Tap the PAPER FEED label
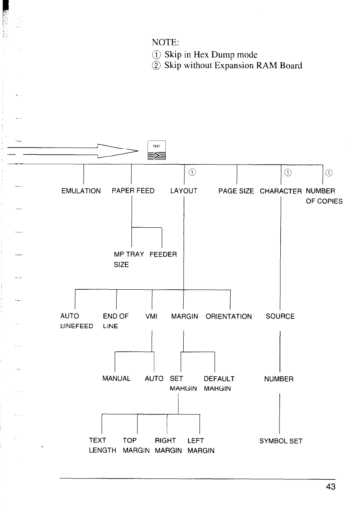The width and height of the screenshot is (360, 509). click(133, 191)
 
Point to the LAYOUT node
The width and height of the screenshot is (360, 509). click(184, 191)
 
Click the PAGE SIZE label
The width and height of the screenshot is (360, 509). click(236, 191)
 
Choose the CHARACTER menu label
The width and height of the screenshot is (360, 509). click(281, 191)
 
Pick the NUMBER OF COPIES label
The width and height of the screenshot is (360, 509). click(324, 196)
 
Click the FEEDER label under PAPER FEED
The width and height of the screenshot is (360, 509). click(164, 255)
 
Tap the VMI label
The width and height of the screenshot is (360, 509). click(151, 316)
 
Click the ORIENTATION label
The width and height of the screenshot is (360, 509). click(229, 316)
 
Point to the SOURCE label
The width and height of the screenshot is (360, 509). click(280, 316)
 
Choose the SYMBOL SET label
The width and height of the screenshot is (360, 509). click(281, 441)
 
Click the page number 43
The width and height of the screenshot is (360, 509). click(331, 487)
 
